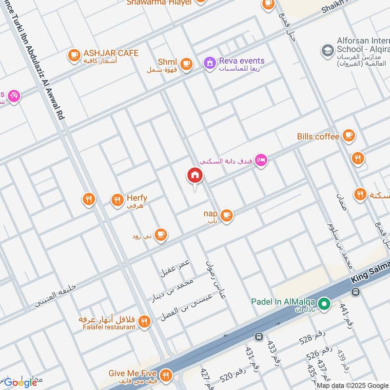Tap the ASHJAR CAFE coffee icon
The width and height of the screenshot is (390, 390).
click(x=74, y=55)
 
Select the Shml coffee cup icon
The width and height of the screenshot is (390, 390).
click(x=186, y=63)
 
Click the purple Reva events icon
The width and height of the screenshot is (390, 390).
click(x=210, y=63)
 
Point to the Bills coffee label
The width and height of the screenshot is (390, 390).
click(x=318, y=136)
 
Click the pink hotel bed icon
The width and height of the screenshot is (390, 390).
click(x=261, y=160)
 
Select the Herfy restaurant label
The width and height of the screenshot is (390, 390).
click(x=136, y=198)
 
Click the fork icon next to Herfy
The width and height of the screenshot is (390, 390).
click(x=117, y=199)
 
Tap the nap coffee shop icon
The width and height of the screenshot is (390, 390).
click(x=226, y=214)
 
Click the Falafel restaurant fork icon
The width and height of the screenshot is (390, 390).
click(x=143, y=321)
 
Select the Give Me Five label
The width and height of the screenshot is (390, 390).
click(x=132, y=373)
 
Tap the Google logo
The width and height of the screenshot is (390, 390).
click(x=20, y=382)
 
